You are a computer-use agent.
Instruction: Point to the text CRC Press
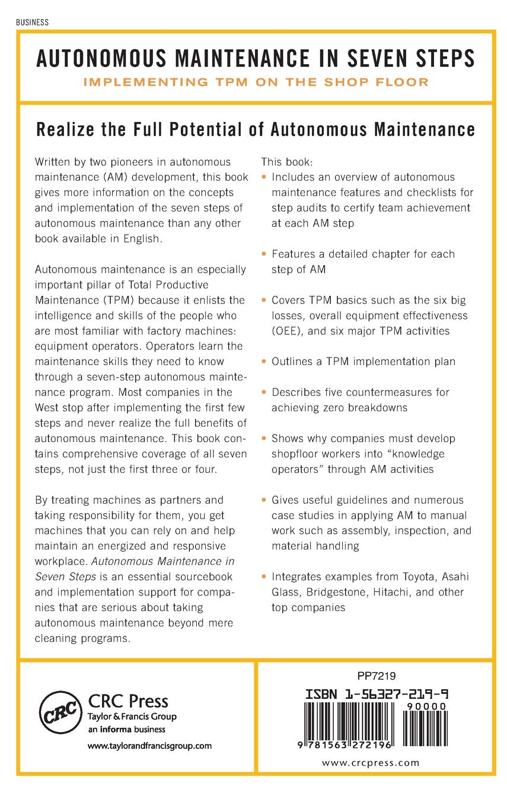[x=128, y=701]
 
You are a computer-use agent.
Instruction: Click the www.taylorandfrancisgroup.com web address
[x=149, y=746]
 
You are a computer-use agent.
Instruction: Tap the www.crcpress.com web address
[x=370, y=763]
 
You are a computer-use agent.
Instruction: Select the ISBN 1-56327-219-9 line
[x=376, y=694]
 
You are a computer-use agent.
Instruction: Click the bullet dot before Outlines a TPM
[x=264, y=362]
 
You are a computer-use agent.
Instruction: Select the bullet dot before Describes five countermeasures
[x=264, y=392]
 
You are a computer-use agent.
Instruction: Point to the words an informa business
[x=126, y=730]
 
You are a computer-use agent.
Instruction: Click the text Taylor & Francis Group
[x=132, y=717]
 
